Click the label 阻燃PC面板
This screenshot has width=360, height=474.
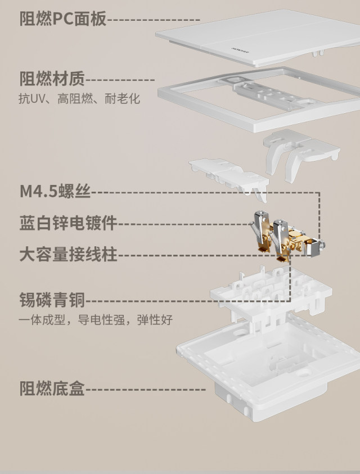[62, 20]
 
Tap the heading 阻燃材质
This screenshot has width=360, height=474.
[52, 79]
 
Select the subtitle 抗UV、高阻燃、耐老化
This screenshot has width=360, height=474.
[79, 99]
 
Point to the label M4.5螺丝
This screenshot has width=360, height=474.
[55, 192]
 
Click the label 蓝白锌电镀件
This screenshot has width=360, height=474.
[67, 223]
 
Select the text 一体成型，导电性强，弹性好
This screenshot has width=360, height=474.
[95, 320]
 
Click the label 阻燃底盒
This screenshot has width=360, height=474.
[52, 388]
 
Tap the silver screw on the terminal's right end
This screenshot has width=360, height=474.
[323, 245]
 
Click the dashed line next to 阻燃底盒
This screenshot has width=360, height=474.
[146, 389]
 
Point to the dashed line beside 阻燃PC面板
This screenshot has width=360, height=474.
[153, 20]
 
